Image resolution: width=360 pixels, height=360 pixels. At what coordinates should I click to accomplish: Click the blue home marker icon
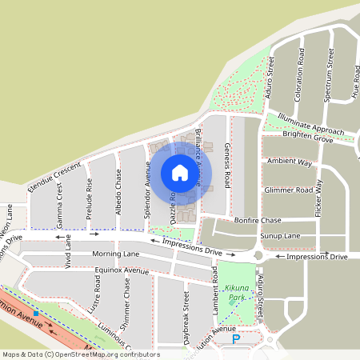click(180, 172)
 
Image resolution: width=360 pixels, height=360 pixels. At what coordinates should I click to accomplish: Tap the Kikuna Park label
click(234, 291)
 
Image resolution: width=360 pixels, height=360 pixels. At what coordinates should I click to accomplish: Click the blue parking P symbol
click(236, 340)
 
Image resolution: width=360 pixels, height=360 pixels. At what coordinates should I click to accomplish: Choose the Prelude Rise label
click(89, 199)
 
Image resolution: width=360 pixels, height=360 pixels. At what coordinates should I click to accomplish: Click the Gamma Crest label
click(59, 205)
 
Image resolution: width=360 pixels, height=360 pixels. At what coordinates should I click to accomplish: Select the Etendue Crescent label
click(54, 176)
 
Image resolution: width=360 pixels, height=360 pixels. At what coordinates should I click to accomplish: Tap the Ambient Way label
click(290, 162)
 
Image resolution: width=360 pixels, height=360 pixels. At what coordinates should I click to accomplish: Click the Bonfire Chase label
click(258, 220)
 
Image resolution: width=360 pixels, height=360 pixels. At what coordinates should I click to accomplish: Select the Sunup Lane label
click(281, 236)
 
